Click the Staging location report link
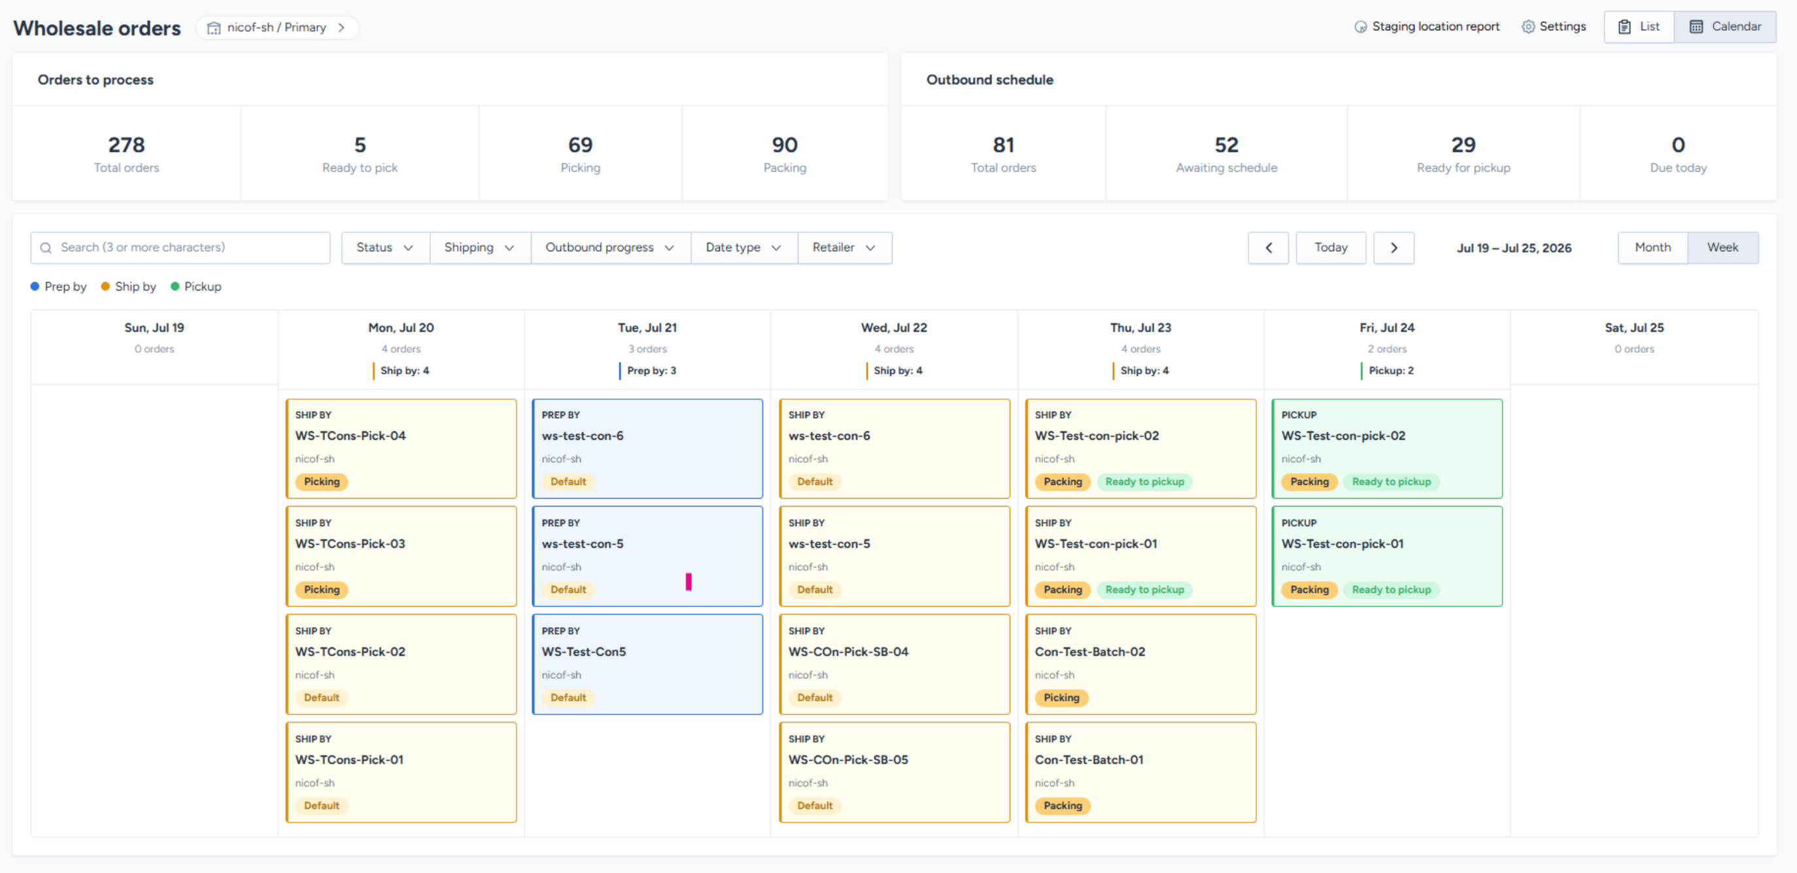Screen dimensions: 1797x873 [1427, 27]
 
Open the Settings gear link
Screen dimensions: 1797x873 [1554, 27]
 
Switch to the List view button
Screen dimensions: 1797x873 [1639, 27]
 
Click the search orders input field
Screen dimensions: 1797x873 [180, 248]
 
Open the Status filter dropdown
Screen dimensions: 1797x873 [385, 248]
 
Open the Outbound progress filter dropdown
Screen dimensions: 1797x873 [610, 248]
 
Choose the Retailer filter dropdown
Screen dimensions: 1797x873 [844, 248]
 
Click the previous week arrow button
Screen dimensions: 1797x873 [1268, 248]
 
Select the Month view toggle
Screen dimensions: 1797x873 [1652, 248]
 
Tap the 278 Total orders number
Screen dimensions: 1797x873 [126, 145]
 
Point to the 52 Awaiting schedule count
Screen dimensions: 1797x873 [1226, 145]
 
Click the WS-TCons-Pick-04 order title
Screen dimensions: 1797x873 [351, 435]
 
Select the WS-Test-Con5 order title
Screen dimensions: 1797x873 [584, 652]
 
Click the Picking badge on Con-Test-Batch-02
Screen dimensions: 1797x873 [1061, 698]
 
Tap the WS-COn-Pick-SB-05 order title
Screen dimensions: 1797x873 [848, 760]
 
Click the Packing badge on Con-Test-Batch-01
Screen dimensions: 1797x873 [1063, 806]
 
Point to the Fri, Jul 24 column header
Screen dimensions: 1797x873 [1387, 328]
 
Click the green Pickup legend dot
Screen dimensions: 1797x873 [175, 287]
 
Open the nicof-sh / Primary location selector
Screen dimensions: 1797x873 [277, 28]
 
